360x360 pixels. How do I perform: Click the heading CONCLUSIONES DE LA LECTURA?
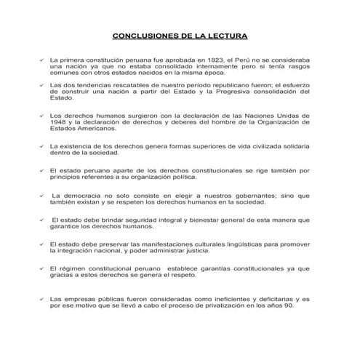180,36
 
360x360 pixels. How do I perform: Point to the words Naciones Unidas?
270,115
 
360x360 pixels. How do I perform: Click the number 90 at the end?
285,305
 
